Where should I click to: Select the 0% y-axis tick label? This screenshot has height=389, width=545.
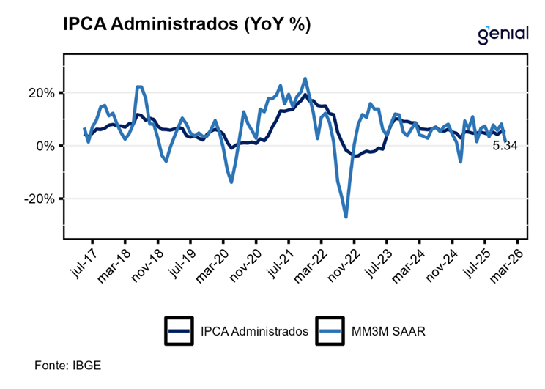(x=46, y=146)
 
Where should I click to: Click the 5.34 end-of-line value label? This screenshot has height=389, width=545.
(x=505, y=146)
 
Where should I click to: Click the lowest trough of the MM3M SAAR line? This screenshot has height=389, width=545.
(x=346, y=216)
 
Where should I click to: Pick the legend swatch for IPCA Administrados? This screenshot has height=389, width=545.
(x=178, y=331)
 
